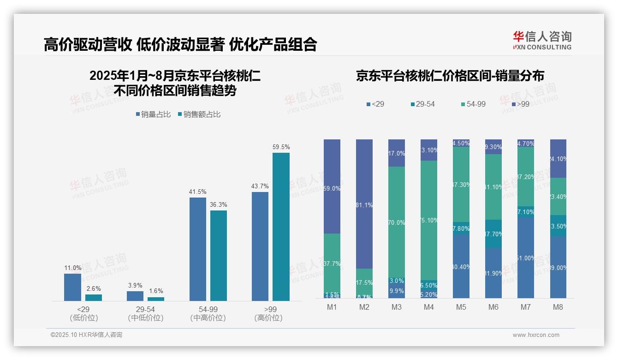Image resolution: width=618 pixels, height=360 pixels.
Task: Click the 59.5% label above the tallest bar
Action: (x=281, y=147)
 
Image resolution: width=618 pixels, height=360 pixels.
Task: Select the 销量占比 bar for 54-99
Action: (x=198, y=249)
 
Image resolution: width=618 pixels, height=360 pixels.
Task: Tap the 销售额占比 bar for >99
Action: (x=281, y=227)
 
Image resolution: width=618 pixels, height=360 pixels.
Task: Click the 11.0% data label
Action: (x=73, y=268)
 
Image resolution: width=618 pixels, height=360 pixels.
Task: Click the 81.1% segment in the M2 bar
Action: (x=364, y=204)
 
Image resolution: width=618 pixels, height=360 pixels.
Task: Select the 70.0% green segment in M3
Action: (x=397, y=222)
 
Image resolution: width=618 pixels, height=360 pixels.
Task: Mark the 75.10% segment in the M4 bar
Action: (x=429, y=221)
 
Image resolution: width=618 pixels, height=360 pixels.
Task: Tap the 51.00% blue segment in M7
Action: (x=526, y=258)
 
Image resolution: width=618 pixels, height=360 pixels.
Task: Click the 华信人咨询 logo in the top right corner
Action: (x=542, y=40)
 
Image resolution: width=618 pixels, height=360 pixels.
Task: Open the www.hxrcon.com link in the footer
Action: (x=536, y=335)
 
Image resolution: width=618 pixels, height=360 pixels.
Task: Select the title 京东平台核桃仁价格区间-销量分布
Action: (x=450, y=76)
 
